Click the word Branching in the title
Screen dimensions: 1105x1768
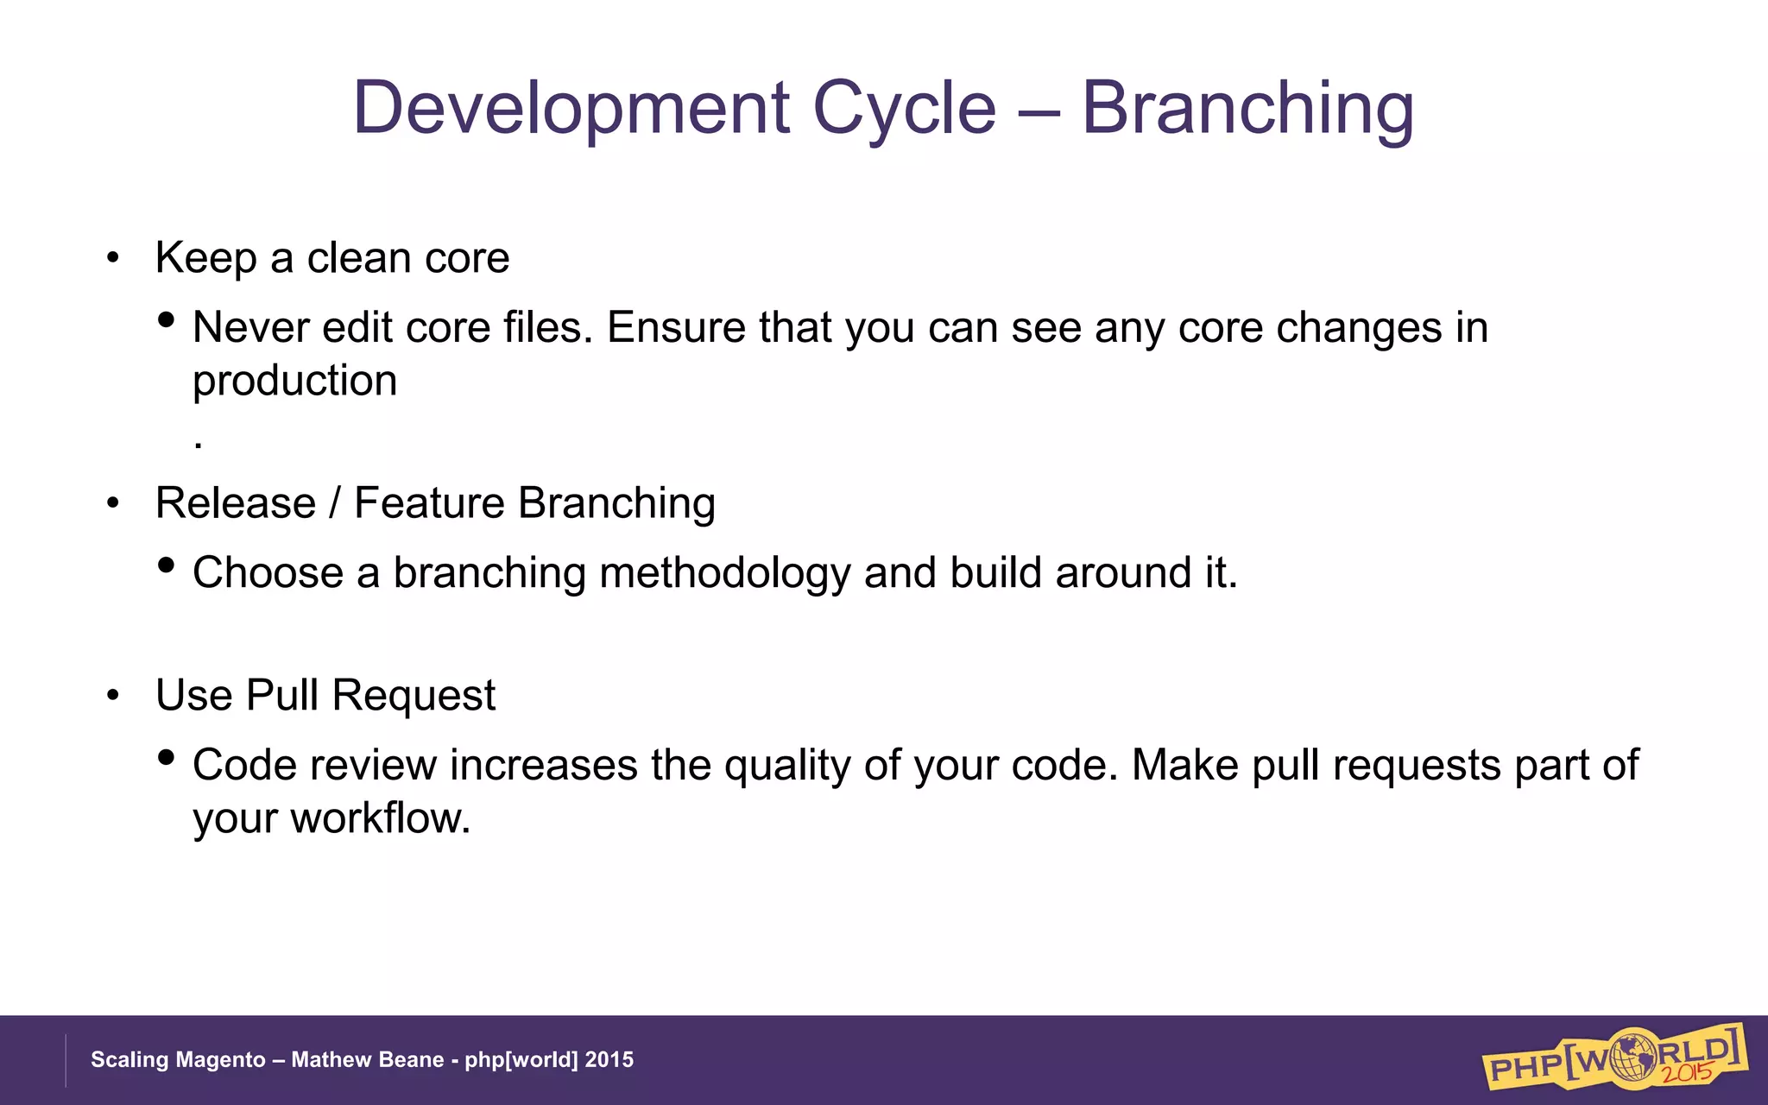1247,110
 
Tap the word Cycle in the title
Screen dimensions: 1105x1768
904,110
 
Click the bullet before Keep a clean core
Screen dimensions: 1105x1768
113,258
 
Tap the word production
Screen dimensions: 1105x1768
294,382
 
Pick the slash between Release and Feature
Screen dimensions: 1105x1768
335,503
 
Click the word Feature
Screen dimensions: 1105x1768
429,503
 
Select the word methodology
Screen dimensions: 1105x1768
724,574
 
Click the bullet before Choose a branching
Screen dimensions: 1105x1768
167,565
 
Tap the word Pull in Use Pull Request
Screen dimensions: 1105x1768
282,696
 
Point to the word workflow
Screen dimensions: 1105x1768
380,818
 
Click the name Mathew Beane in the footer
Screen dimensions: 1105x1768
367,1060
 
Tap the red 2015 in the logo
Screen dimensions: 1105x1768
1688,1071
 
